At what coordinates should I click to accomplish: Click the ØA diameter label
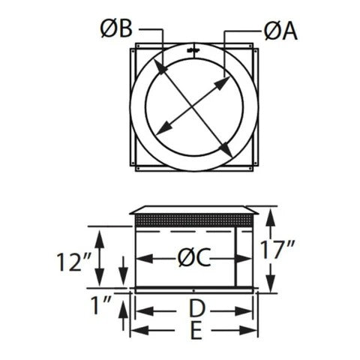click(x=280, y=31)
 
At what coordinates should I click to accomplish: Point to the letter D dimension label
click(x=196, y=308)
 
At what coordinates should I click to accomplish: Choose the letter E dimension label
click(x=196, y=331)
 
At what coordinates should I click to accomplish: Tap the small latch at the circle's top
click(x=193, y=50)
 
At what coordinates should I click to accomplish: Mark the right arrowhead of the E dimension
click(x=253, y=331)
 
